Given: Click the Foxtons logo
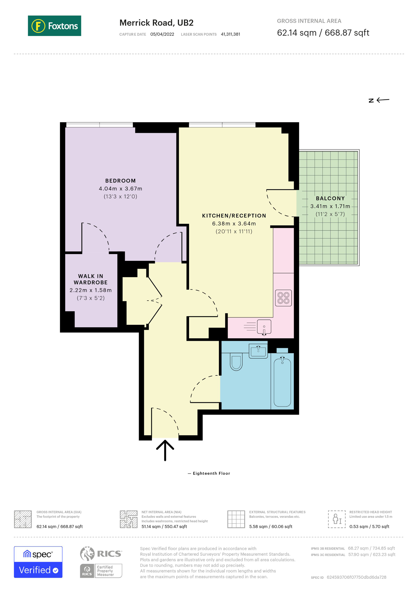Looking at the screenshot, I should pos(54,26).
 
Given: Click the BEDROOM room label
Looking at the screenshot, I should pos(120,181).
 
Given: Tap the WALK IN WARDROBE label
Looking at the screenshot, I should pos(91,279).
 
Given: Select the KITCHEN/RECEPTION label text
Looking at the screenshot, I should pos(234,216).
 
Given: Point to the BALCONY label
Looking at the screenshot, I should pos(330,198).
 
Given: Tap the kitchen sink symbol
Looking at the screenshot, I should pos(264,327).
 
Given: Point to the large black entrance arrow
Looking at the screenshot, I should pos(165,450).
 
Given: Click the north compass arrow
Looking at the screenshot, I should pos(379,100).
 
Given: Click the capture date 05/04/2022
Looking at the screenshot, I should pos(162,34).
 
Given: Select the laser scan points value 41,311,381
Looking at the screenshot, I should pos(230,34).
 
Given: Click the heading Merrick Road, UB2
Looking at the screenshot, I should pos(156,23).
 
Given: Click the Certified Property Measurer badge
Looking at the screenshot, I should pos(101,571).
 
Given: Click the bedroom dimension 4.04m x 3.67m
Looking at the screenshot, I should pos(120,188).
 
